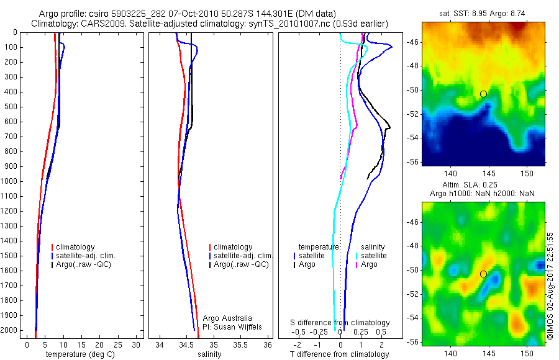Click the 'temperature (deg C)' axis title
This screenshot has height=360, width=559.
(x=78, y=354)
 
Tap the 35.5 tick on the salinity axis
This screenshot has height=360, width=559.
(x=240, y=344)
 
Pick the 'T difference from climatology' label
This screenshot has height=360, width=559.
(x=340, y=354)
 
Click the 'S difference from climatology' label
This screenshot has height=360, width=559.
(x=340, y=323)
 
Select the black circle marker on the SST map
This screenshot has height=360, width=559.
(x=483, y=94)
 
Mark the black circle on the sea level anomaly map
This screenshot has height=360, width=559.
(x=483, y=274)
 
